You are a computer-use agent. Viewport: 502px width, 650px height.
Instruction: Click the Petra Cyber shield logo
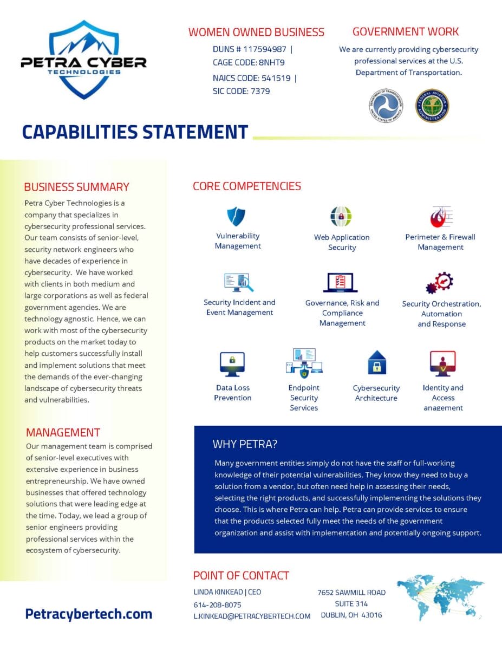coord(83,60)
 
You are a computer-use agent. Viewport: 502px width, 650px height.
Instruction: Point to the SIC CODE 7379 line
coord(241,91)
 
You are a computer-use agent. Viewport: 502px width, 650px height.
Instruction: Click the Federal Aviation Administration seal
coord(432,106)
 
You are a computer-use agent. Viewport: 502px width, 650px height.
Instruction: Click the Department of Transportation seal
coord(386,106)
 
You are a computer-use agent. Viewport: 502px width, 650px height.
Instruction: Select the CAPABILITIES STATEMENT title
coord(135,132)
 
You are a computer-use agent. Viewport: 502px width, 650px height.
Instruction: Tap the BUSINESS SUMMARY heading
coord(76,187)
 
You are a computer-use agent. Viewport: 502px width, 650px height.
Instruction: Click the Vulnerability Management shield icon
coord(236,216)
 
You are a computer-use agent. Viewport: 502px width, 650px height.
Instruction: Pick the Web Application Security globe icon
coord(341,217)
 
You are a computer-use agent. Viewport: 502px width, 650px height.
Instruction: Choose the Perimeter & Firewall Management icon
coord(441,217)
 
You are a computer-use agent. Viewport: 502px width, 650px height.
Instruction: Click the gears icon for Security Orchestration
coord(440,283)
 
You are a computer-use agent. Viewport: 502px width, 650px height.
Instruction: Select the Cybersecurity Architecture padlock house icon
coord(376,362)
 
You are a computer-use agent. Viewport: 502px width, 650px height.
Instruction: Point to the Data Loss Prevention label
coord(233,393)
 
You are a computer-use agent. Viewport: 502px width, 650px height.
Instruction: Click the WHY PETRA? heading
coord(245,444)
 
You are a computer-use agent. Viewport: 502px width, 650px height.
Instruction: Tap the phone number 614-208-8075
coord(217,604)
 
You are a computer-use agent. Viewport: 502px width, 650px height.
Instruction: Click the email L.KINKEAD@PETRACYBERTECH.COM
coord(252,616)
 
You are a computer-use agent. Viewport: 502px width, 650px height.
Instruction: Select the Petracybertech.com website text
coord(88,614)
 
